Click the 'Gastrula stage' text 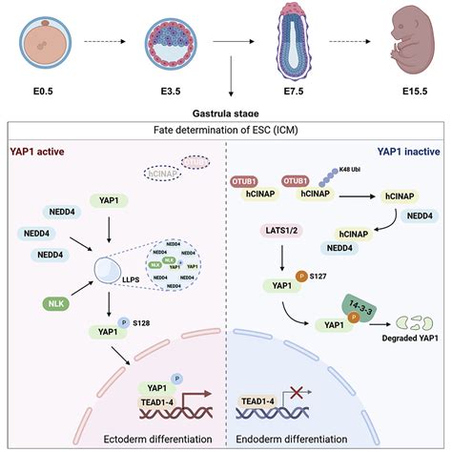click(227, 113)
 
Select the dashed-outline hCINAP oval click(163, 173)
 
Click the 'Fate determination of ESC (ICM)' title click(226, 130)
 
